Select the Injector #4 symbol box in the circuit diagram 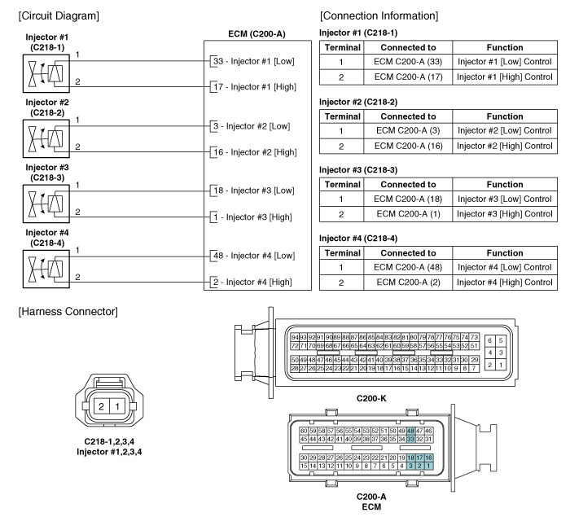click(x=43, y=265)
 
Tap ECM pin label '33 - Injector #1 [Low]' click(x=252, y=60)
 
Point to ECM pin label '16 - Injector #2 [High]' click(x=255, y=152)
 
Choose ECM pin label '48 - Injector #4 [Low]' click(x=252, y=253)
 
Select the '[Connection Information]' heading click(x=381, y=15)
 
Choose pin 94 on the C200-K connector click(x=294, y=337)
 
